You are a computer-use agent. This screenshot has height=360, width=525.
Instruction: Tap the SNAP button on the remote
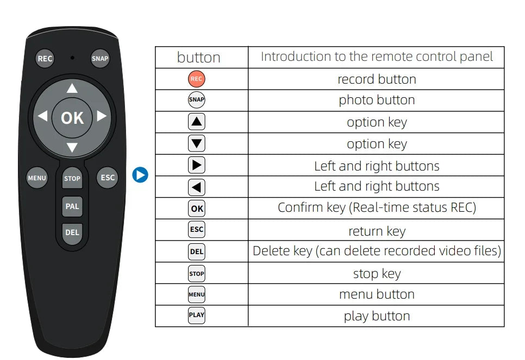coord(100,59)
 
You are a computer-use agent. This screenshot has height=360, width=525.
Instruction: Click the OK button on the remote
coord(72,118)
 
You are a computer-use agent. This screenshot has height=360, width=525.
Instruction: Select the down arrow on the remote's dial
coord(72,147)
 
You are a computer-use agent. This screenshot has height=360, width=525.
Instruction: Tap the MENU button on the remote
coord(37,178)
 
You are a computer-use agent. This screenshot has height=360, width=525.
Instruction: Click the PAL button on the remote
coord(72,206)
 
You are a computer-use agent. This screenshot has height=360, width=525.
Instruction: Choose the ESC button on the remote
coord(108,178)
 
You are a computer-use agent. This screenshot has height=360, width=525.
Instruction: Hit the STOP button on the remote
coord(72,178)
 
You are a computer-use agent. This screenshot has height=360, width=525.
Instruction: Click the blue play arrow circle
coord(140,175)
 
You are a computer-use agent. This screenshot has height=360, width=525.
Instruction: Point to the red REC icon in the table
coord(197,79)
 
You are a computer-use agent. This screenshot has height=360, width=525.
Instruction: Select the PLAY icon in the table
coord(197,315)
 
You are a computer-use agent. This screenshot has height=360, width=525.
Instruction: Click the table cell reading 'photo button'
coord(376,100)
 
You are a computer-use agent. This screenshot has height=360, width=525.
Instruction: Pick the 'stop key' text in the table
coord(377,274)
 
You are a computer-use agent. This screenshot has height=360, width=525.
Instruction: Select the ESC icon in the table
coord(197,230)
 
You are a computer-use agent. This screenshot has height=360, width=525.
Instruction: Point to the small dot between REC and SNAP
coord(72,58)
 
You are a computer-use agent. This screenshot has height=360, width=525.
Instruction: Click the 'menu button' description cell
coord(376,294)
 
